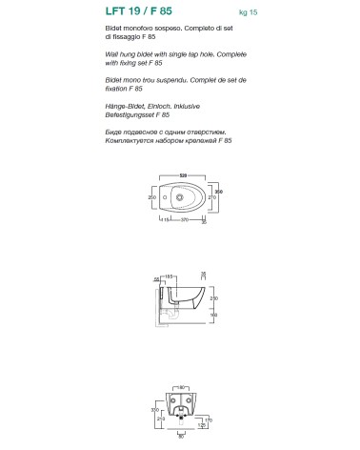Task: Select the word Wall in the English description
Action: click(112, 56)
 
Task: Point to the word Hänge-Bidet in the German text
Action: click(127, 106)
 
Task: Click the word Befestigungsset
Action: click(129, 114)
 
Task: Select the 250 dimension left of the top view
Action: click(150, 197)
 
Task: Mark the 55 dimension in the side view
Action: click(155, 276)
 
